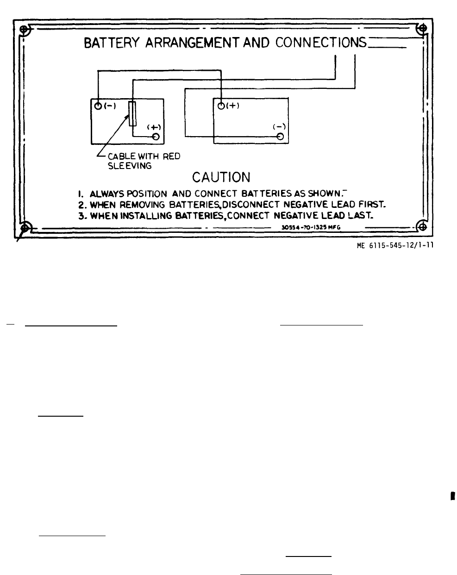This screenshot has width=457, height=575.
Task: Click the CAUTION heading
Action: coord(221,177)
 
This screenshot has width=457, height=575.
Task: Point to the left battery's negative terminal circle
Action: coord(98,106)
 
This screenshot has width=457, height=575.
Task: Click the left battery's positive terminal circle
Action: coord(156,137)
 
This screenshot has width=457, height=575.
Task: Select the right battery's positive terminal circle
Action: coord(221,106)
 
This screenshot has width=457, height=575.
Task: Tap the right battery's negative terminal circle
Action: coord(280,136)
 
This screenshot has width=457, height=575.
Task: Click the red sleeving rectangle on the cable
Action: coord(133,113)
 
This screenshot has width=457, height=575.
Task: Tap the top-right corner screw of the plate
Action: coord(421,29)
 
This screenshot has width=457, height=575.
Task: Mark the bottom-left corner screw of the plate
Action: coord(26,227)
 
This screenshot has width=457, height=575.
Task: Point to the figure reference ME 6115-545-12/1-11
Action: coord(395,246)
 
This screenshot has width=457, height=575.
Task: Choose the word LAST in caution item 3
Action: coord(360,215)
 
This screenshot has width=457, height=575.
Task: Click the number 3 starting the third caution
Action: coord(81,216)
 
